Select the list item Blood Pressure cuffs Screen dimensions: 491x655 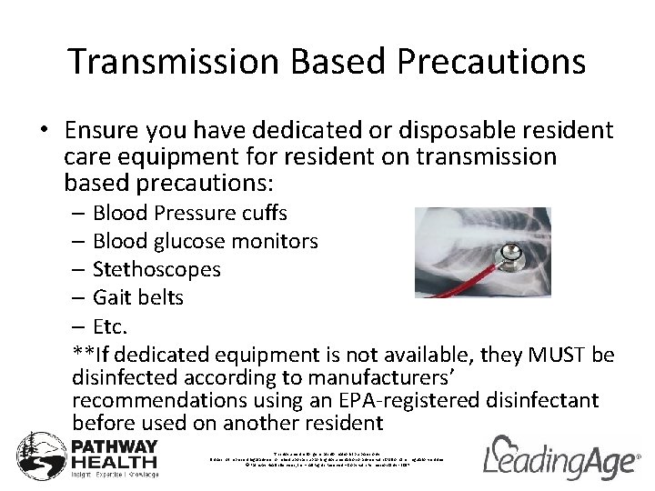pos(189,214)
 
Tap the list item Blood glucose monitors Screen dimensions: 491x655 pos(205,242)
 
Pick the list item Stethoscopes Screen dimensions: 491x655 pos(156,270)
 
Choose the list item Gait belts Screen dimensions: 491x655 pos(137,298)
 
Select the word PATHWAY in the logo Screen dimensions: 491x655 pos(115,447)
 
